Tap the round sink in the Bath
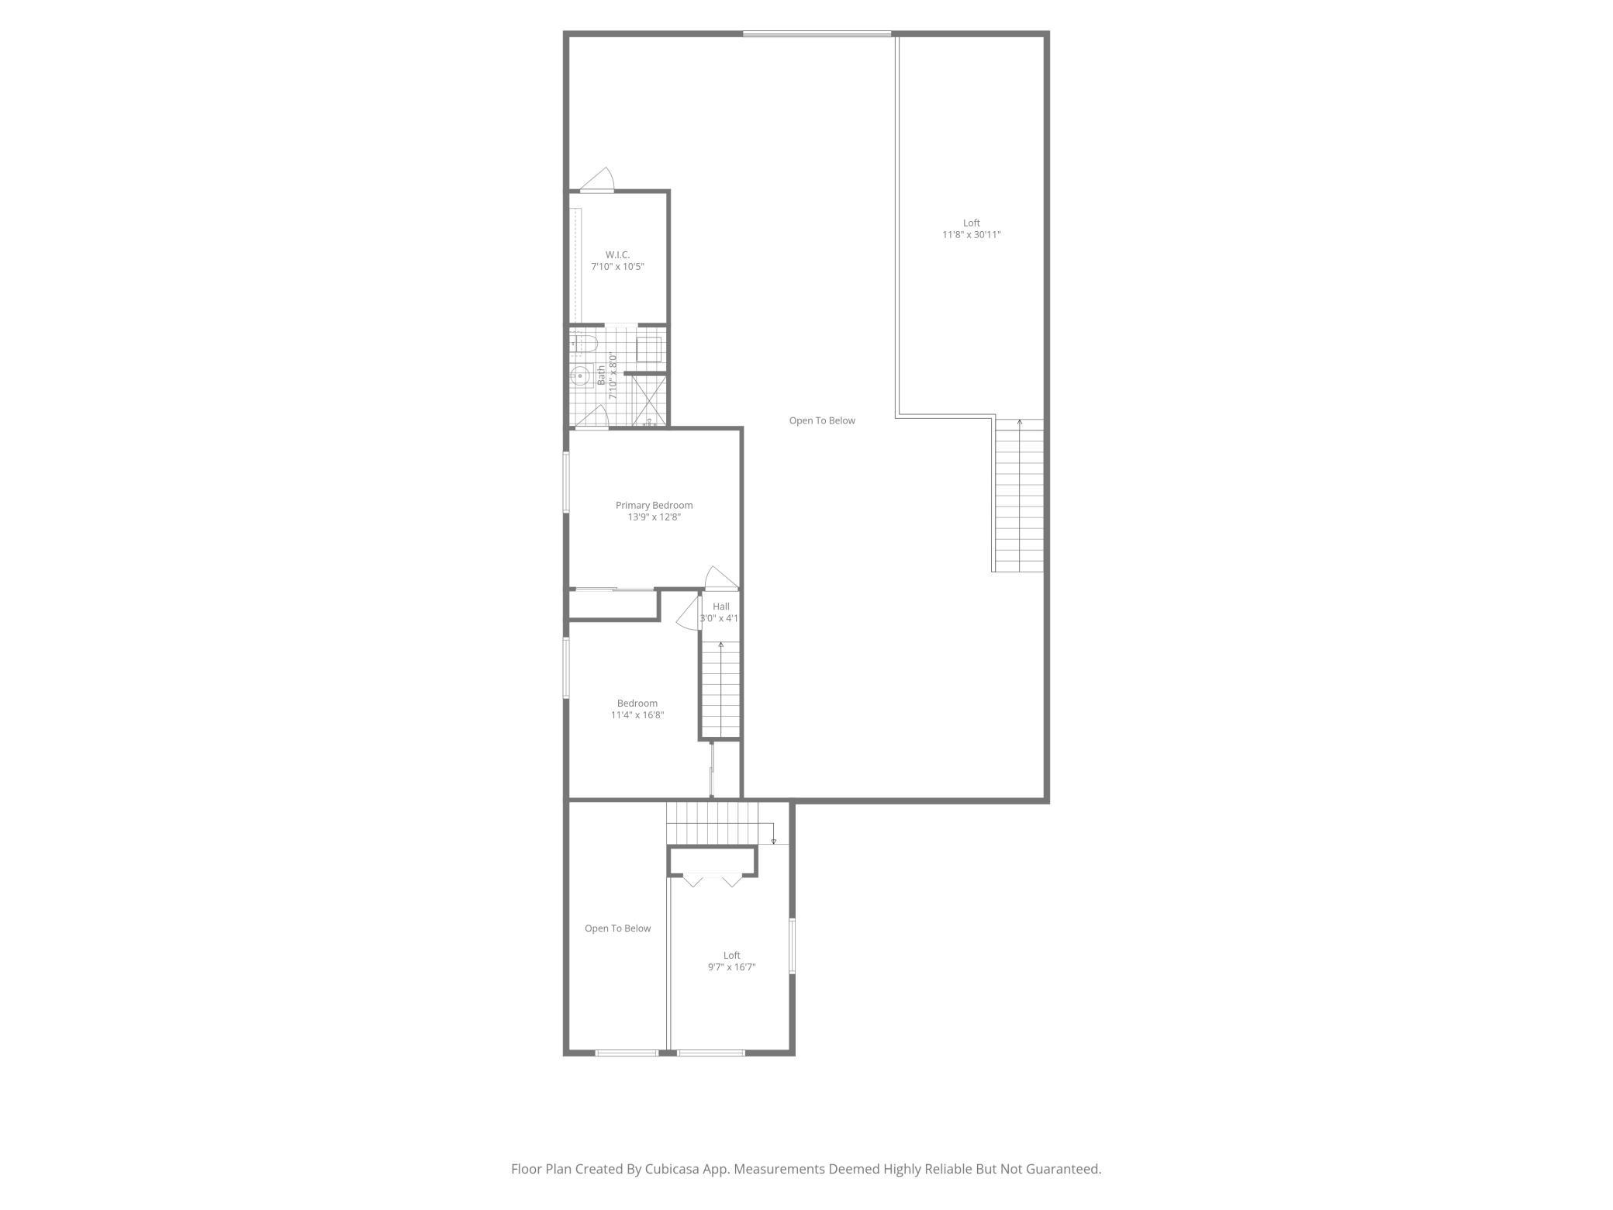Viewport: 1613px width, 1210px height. (579, 377)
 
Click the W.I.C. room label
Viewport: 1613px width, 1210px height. (617, 254)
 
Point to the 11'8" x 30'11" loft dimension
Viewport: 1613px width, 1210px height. (971, 234)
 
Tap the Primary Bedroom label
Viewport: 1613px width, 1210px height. (654, 505)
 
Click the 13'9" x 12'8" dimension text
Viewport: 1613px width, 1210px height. (654, 517)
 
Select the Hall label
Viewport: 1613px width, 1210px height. (721, 607)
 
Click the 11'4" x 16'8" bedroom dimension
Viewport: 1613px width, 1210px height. (637, 715)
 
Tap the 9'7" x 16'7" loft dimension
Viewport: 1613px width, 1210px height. (731, 967)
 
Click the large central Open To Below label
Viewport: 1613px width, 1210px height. (822, 420)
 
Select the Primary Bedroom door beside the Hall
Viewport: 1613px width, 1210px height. (721, 579)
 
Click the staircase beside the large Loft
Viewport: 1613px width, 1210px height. (1018, 495)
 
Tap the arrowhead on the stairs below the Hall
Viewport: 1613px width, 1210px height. (721, 645)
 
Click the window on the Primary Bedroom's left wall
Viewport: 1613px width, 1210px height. (566, 482)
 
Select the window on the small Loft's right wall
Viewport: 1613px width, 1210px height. (792, 946)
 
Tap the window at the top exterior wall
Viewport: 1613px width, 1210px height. (817, 34)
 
